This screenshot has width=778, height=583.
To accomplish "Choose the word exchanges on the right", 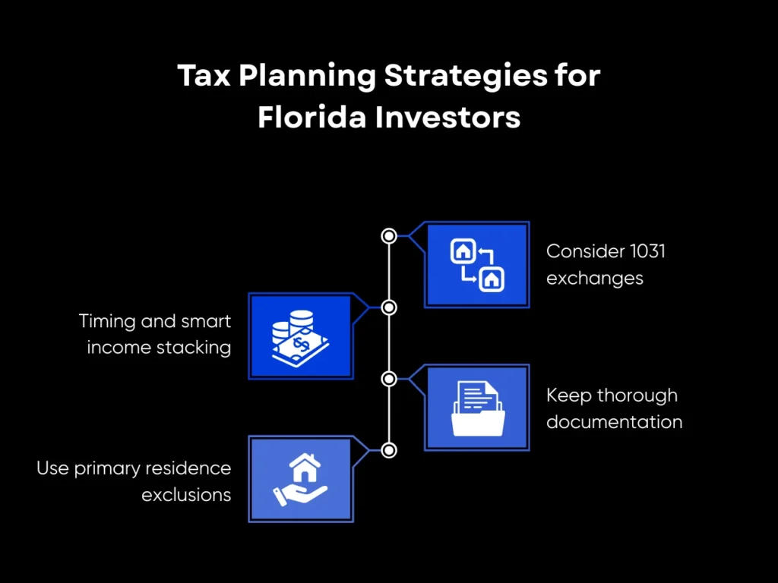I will pyautogui.click(x=594, y=279).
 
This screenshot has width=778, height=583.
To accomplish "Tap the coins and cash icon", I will pyautogui.click(x=300, y=336).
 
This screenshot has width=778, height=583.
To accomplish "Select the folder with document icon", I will pyautogui.click(x=477, y=408).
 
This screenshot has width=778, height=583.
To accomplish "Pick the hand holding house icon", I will pyautogui.click(x=300, y=479).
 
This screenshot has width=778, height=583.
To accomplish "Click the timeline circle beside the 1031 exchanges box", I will pyautogui.click(x=389, y=236).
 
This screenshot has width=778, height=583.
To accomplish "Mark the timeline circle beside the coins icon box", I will pyautogui.click(x=389, y=307).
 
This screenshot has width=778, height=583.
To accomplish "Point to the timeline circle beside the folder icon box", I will pyautogui.click(x=389, y=379).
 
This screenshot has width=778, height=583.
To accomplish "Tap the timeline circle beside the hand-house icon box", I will pyautogui.click(x=389, y=450).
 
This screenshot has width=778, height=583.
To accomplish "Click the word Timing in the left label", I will pyautogui.click(x=107, y=322).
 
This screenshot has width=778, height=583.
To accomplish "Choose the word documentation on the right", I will pyautogui.click(x=614, y=422).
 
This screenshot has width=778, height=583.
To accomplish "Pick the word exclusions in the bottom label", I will pyautogui.click(x=186, y=495).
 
